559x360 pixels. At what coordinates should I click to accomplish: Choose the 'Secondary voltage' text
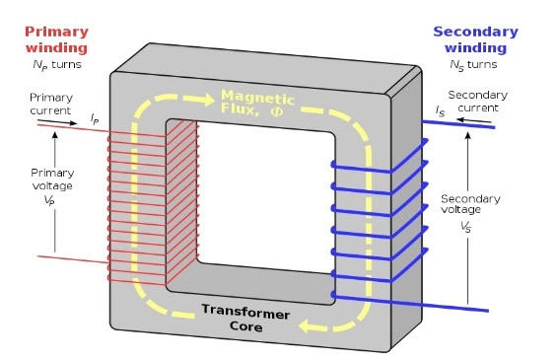pyautogui.click(x=470, y=204)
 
